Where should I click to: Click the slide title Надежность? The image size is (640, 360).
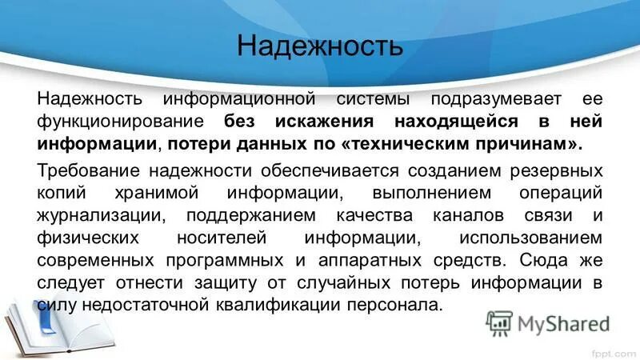point(319,45)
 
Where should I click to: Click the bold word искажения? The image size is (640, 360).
point(323,123)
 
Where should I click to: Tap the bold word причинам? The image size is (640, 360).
point(543,145)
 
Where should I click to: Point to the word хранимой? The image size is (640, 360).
point(170,194)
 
